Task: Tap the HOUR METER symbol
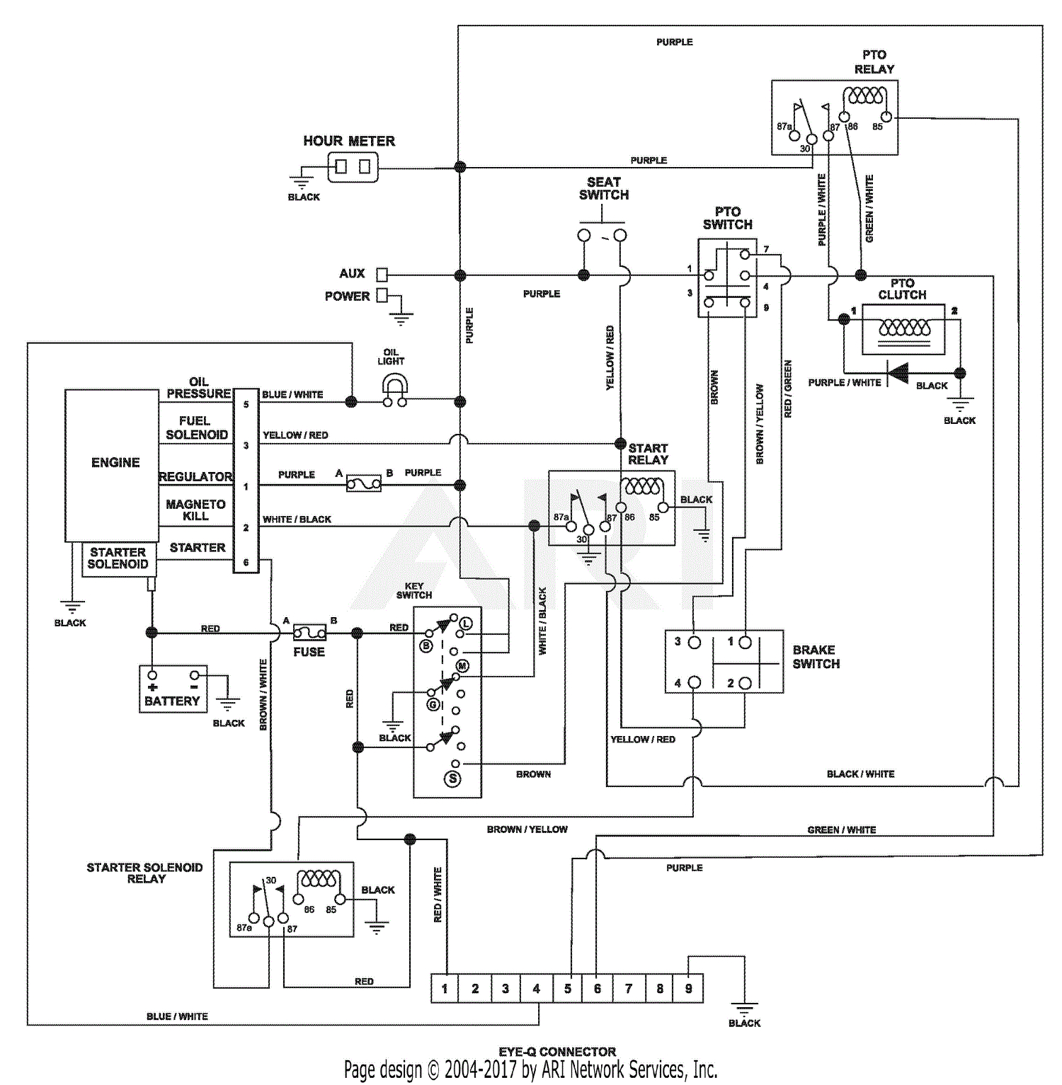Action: point(352,167)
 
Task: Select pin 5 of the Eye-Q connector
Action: point(567,988)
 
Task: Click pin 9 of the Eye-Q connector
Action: point(688,988)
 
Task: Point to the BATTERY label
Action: point(172,701)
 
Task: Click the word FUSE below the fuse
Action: point(309,652)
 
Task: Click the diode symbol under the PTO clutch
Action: point(898,372)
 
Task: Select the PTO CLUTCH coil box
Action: point(903,329)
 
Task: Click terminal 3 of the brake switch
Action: point(694,643)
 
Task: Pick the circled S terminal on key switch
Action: point(452,779)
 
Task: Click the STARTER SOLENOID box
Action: point(118,558)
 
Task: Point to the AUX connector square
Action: point(382,275)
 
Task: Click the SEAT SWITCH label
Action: point(603,188)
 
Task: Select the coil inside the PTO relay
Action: point(866,96)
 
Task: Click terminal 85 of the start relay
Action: point(663,507)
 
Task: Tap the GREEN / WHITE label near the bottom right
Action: point(841,829)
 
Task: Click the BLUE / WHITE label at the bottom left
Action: point(177,1016)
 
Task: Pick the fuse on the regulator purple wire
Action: point(363,484)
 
